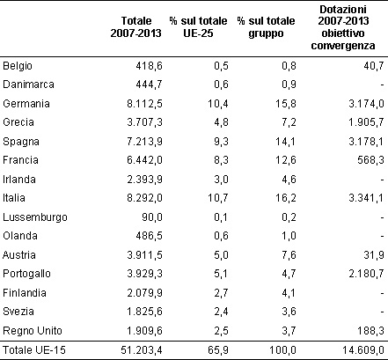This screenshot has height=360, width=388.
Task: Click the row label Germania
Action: tap(26, 104)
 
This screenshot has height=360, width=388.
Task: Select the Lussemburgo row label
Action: tap(35, 217)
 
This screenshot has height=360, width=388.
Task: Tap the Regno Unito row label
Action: tap(33, 331)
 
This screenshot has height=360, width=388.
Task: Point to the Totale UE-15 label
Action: tap(34, 350)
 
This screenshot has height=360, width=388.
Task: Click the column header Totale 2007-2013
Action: tap(135, 27)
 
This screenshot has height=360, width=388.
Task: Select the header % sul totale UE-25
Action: tap(198, 27)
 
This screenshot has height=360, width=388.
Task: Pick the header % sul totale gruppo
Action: tap(266, 27)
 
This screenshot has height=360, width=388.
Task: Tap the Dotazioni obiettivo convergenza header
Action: tap(343, 27)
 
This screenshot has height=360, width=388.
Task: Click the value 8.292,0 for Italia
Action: tap(144, 198)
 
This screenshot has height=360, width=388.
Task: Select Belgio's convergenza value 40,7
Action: tap(373, 66)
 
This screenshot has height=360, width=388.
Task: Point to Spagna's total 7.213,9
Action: tap(144, 142)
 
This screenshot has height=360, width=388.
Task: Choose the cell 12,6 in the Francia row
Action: tap(286, 160)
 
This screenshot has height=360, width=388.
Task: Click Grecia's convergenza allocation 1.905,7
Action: tap(366, 122)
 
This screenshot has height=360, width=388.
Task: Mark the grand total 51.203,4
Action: tap(142, 350)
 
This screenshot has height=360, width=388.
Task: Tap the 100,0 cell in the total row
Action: tap(282, 350)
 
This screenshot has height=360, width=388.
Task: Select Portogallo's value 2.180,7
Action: tap(366, 274)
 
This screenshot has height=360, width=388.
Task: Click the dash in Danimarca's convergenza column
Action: tap(382, 85)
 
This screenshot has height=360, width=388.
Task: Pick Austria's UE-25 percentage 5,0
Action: tap(221, 255)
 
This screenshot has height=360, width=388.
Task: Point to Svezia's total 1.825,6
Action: tap(144, 312)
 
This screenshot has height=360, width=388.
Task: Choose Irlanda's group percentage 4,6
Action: tap(289, 180)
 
